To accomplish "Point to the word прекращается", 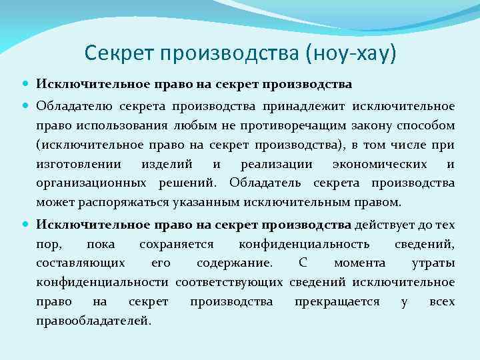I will [337, 302].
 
